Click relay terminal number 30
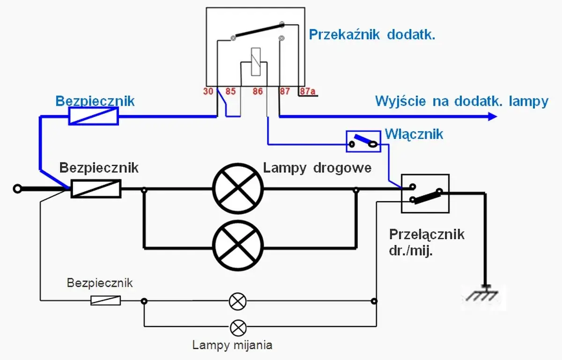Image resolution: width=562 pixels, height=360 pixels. coord(208,91)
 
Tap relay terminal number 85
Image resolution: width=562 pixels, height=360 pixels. coord(230,91)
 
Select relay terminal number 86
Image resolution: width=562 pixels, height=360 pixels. coord(258,91)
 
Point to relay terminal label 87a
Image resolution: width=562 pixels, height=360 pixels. coord(308,91)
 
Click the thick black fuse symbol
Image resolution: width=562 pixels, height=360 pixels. coord(96,189)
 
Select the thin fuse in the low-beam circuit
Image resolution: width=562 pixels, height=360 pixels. coord(105,301)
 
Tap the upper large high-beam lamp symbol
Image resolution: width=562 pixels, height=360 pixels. coord(237,190)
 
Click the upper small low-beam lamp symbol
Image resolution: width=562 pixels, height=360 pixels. coord(237,301)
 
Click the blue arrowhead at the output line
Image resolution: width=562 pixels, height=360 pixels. coord(492,116)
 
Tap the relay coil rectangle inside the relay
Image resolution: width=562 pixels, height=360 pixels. coord(256,61)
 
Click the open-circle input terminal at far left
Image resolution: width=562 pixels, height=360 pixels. coord(17,189)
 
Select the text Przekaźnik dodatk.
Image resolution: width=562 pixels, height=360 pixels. coord(372,35)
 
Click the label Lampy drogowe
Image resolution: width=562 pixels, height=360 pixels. coord(317,168)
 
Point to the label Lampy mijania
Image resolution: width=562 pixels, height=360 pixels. coord(232,345)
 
